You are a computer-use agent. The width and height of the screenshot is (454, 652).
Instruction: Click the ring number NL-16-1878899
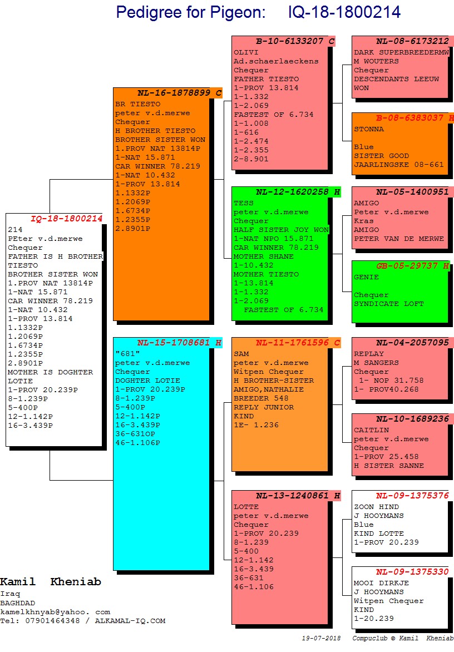[174, 93]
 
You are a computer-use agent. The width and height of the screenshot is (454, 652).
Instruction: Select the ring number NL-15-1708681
[174, 343]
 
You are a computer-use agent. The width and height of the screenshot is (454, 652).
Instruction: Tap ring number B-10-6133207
[289, 41]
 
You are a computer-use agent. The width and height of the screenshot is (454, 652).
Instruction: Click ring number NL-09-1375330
[412, 572]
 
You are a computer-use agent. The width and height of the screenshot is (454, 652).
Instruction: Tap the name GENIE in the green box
[366, 277]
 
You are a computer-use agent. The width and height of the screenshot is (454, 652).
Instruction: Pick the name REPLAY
[369, 354]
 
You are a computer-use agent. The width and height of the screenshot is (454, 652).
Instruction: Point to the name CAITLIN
[371, 430]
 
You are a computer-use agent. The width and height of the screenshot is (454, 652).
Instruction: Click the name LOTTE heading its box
[246, 507]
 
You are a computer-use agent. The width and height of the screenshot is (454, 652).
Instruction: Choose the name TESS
[243, 203]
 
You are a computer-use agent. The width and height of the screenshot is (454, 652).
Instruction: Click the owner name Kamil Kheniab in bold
[51, 582]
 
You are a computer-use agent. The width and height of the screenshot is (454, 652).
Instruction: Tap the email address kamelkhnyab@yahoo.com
[55, 612]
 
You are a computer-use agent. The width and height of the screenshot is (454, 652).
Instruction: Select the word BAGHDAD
[17, 603]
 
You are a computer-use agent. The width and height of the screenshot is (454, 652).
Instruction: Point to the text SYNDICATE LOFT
[389, 304]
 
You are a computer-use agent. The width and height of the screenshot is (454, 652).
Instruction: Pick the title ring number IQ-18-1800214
[344, 12]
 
